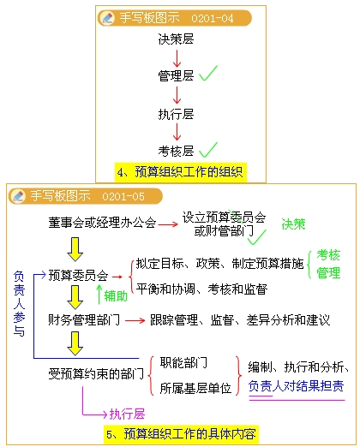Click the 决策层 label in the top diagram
point(176,39)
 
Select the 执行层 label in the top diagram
point(176,114)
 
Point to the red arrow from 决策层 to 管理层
point(177,58)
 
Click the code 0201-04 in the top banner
point(213,19)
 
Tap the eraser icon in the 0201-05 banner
point(18,196)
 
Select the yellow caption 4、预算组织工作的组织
point(180,172)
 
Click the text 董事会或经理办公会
point(102,223)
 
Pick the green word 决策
point(293,224)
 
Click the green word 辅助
point(116,296)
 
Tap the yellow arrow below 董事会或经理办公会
point(75,249)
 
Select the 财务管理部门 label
point(84,320)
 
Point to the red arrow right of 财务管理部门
point(135,321)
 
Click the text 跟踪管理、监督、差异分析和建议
point(240,320)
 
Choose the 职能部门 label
point(183,363)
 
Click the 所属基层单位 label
point(195,388)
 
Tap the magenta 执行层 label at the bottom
point(127,414)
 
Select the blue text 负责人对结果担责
point(296,386)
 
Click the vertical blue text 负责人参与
point(19,304)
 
